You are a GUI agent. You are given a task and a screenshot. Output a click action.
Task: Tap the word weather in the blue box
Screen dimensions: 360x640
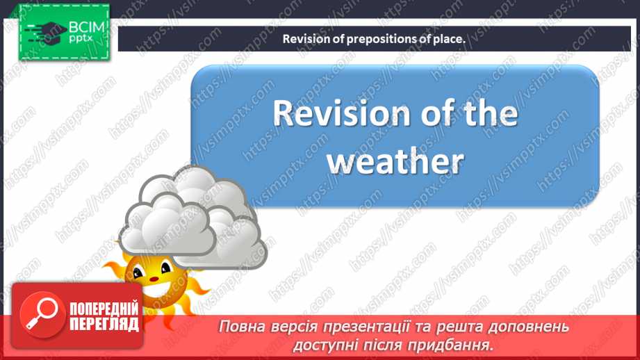point(395,161)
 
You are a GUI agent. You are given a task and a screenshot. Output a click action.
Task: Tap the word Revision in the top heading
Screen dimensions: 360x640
point(304,39)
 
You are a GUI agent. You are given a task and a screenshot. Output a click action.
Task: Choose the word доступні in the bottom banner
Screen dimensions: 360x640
point(329,344)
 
